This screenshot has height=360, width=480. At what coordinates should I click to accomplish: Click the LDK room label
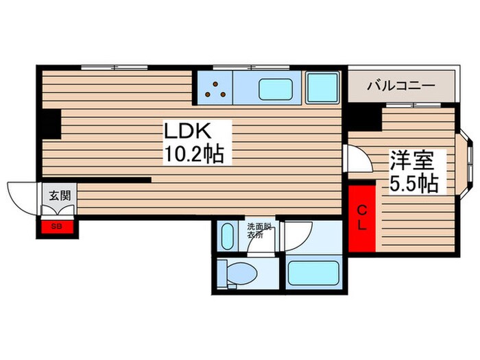(188, 131)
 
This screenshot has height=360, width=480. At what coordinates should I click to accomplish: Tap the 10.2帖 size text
(194, 154)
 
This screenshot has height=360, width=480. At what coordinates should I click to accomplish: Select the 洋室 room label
(411, 160)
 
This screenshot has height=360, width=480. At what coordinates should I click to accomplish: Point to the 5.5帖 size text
(414, 183)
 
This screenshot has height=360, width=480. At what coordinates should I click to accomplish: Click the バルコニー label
(401, 86)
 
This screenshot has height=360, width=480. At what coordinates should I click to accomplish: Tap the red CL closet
(362, 219)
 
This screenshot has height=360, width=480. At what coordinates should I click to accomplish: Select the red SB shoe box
(57, 227)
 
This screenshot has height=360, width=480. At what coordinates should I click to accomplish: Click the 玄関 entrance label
(60, 195)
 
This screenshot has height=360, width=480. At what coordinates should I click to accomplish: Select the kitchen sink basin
(276, 89)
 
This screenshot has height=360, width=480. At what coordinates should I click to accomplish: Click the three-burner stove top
(215, 89)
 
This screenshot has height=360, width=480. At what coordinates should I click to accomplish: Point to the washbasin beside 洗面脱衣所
(227, 237)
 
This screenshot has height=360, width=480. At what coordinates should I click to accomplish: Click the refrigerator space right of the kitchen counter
(323, 88)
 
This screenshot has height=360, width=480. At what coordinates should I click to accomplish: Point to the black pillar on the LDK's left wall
(51, 124)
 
